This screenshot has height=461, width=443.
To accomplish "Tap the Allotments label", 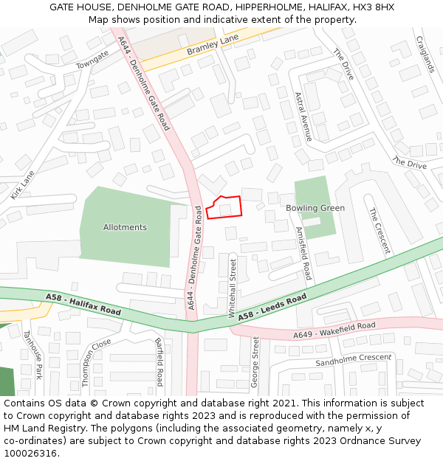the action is coord(125,227).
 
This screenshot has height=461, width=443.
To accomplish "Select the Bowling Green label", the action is coord(315,208).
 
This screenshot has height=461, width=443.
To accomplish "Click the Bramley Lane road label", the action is coord(213,45).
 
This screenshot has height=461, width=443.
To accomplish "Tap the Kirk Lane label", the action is coord(23,185).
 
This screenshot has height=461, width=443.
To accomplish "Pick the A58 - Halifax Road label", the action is coord(83,304).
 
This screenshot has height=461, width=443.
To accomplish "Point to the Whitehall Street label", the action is coord(233,288).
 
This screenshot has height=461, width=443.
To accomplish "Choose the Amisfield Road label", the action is coord(303,252).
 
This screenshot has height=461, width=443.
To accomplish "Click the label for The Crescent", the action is coord(379,230).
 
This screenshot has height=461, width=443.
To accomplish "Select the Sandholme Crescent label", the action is coord(353,360).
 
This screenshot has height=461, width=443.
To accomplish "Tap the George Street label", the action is coord(255,362).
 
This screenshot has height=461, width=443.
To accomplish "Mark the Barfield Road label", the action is coord(159,361).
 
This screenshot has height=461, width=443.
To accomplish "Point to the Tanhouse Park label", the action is coord(32,354).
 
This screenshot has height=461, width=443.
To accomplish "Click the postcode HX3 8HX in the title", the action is coord(373,7).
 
